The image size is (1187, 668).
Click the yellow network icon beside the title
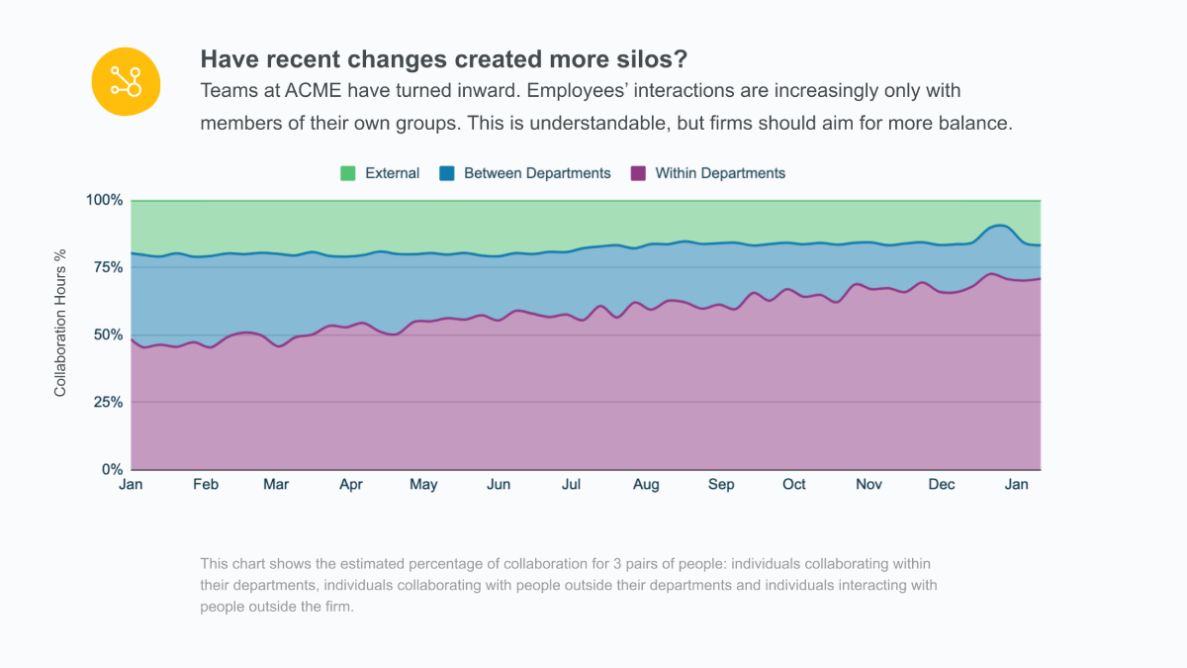pyautogui.click(x=125, y=80)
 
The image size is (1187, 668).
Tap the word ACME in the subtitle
pyautogui.click(x=312, y=91)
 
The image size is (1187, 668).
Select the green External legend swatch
pyautogui.click(x=348, y=173)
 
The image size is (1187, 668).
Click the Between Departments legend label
pyautogui.click(x=537, y=173)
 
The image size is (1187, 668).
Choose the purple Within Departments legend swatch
pyautogui.click(x=638, y=173)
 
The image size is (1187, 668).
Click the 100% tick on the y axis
pyautogui.click(x=104, y=200)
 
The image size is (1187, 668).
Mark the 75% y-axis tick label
pyautogui.click(x=108, y=267)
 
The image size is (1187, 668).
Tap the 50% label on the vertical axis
pyautogui.click(x=108, y=334)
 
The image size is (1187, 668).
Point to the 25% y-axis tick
pyautogui.click(x=108, y=402)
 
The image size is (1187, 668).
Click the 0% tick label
pyautogui.click(x=112, y=469)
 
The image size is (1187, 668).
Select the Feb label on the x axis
pyautogui.click(x=206, y=484)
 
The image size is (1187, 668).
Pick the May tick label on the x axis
pyautogui.click(x=423, y=484)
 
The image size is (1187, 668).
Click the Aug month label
pyautogui.click(x=646, y=484)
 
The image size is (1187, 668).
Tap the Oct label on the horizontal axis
pyautogui.click(x=794, y=484)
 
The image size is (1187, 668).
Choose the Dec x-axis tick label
pyautogui.click(x=942, y=484)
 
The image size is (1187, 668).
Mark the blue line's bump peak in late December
pyautogui.click(x=1000, y=226)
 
